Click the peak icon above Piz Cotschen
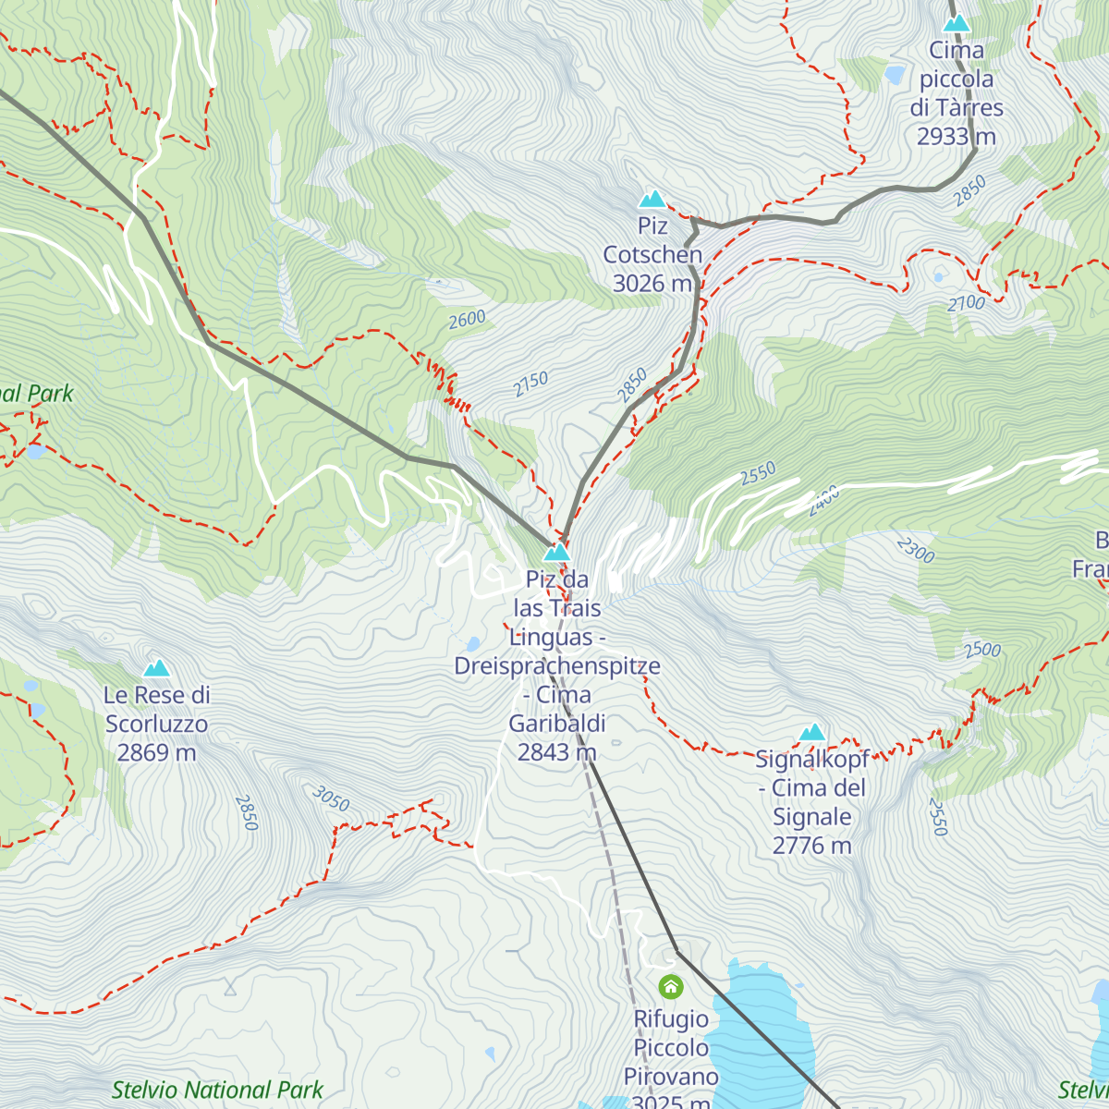point(652,199)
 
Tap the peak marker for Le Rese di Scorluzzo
point(156,668)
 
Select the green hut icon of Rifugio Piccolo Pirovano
point(671,987)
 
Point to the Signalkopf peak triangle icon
point(812,733)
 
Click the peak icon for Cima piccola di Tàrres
point(957,23)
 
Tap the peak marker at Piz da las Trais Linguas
point(556,553)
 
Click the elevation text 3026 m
point(652,284)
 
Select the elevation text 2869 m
point(156,753)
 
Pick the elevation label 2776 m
point(811,846)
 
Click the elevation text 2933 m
point(957,137)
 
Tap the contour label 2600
point(467,320)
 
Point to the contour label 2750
point(531,384)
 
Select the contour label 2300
point(915,551)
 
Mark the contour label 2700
point(967,302)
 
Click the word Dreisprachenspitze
point(557,666)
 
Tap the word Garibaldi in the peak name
point(557,724)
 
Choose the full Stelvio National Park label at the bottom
point(217,1091)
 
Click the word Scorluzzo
point(156,725)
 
